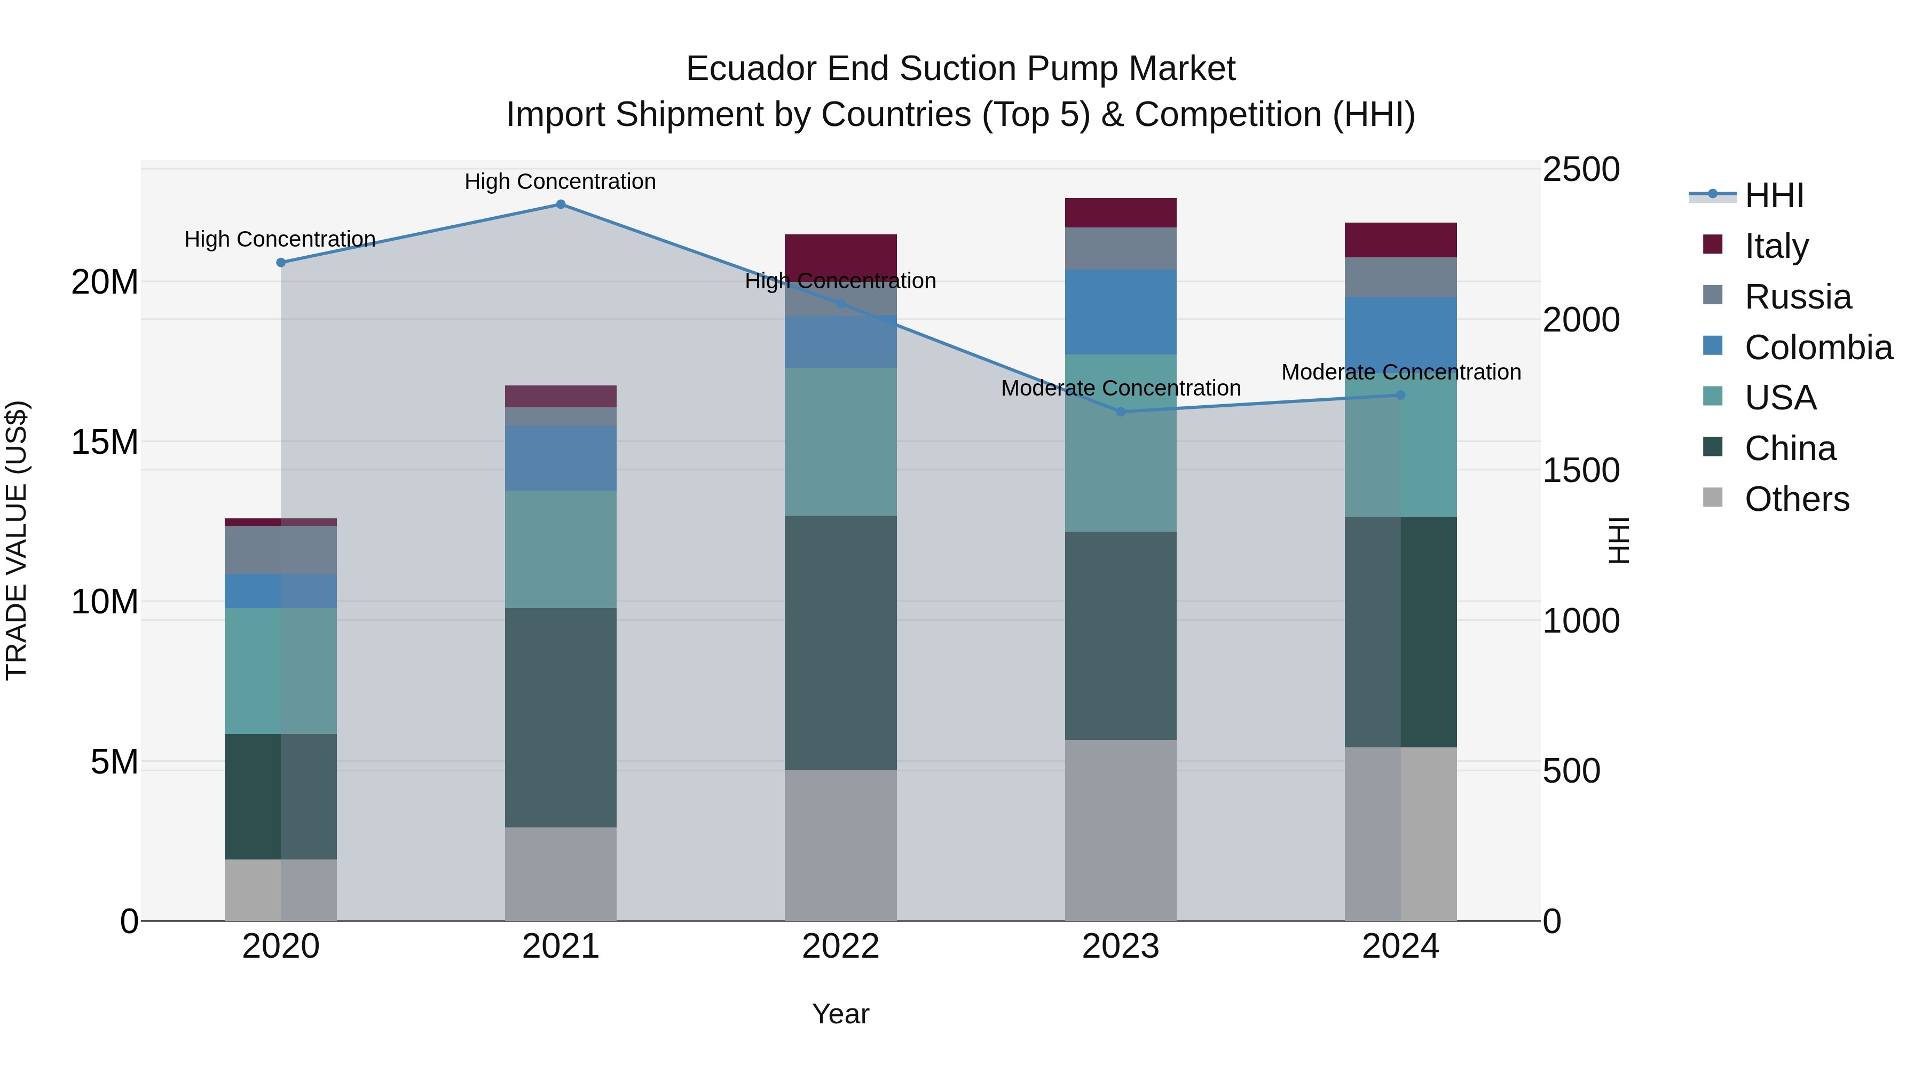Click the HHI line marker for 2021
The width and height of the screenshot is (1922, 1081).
pos(561,204)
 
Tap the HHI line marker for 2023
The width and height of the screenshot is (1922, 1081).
pos(1120,412)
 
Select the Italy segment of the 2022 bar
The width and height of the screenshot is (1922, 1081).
pos(840,254)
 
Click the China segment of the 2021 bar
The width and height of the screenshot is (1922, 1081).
pos(561,717)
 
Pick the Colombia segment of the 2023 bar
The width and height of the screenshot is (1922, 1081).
pos(1120,312)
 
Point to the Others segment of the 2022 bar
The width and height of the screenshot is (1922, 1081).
pos(840,845)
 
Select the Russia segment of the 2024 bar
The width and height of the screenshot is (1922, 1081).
pos(1400,278)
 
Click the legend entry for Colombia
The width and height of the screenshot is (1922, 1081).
pos(1817,348)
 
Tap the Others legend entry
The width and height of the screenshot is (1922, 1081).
pos(1796,499)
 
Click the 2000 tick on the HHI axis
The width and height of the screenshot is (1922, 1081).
pos(1580,320)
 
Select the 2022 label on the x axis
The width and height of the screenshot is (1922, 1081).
pos(840,946)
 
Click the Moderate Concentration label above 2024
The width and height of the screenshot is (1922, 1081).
pos(1400,372)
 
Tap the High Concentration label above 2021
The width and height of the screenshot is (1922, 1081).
pos(561,182)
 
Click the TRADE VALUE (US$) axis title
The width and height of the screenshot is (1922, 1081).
pos(17,540)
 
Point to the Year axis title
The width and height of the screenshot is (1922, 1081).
pos(840,1014)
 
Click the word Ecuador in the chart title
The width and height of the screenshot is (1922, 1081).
pos(750,69)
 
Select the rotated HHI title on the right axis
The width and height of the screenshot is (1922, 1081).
pos(1618,540)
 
